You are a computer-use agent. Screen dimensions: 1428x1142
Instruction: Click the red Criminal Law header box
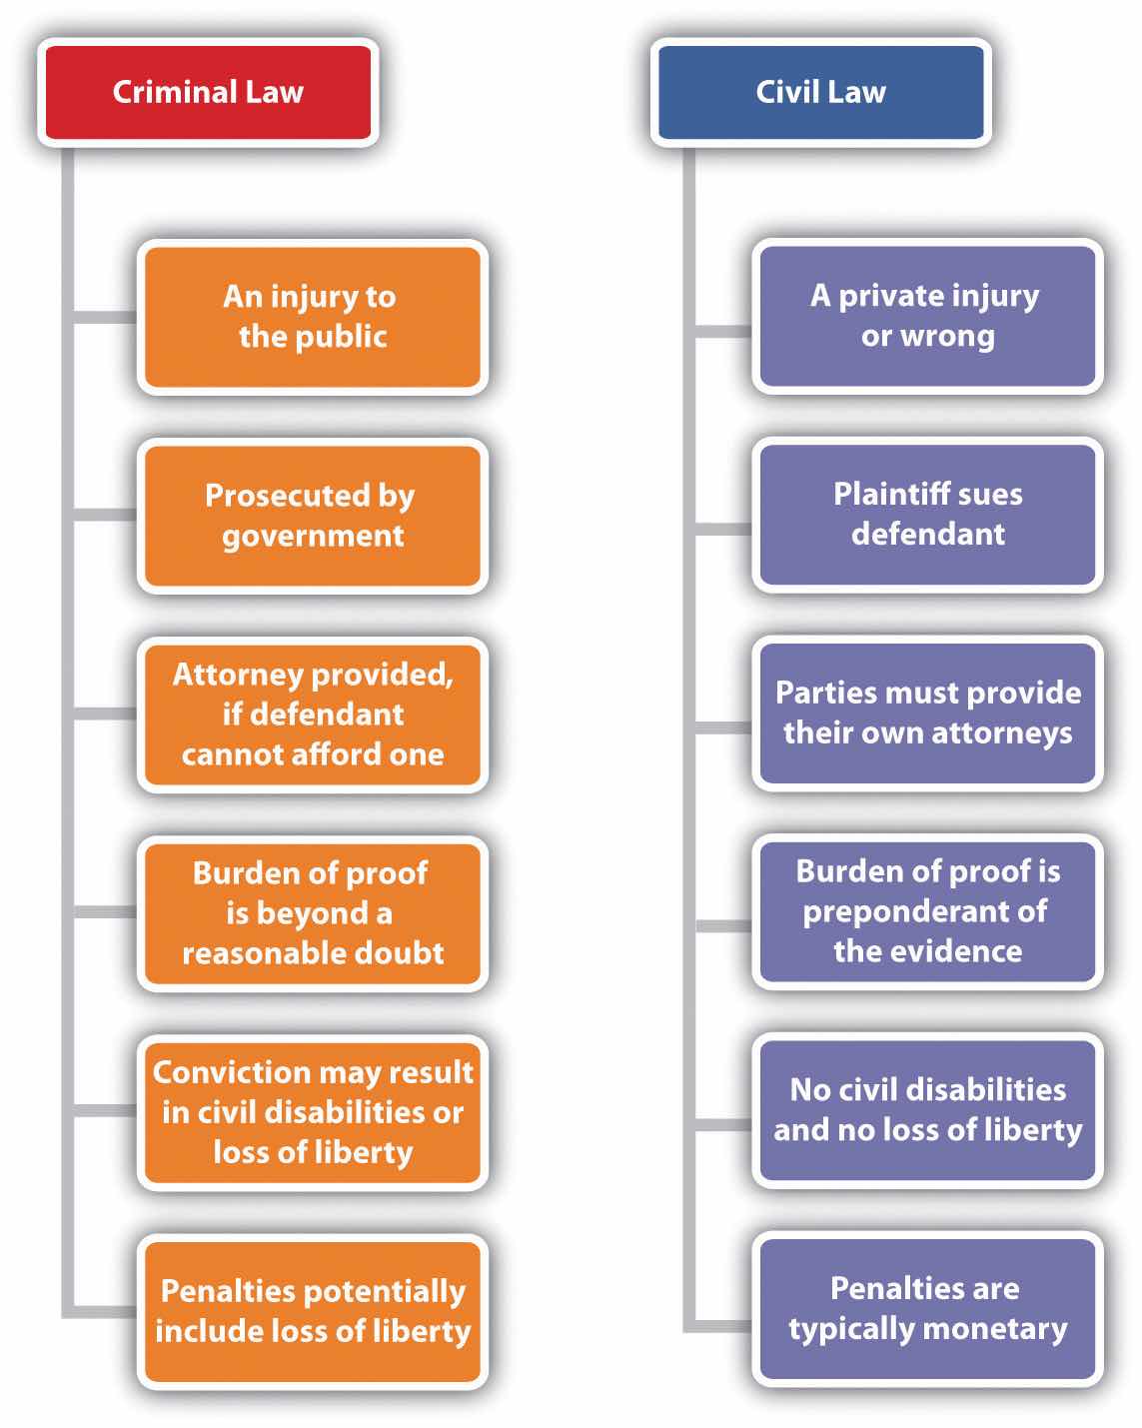pyautogui.click(x=208, y=92)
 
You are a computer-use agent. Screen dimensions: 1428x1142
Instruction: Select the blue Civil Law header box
pyautogui.click(x=820, y=92)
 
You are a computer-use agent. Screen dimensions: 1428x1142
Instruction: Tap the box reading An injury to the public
pyautogui.click(x=312, y=316)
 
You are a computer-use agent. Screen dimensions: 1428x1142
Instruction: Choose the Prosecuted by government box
pyautogui.click(x=312, y=515)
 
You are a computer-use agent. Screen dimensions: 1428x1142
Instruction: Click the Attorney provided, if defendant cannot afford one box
pyautogui.click(x=312, y=714)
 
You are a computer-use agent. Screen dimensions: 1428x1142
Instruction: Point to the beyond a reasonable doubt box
pyautogui.click(x=312, y=912)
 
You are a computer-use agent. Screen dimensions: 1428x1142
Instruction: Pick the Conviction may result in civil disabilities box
pyautogui.click(x=312, y=1111)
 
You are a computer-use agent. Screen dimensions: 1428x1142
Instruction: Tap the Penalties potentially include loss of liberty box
pyautogui.click(x=312, y=1310)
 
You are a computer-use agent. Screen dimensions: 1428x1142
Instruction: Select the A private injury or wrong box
pyautogui.click(x=927, y=315)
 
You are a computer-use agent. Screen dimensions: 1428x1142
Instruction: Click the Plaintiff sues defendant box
pyautogui.click(x=927, y=514)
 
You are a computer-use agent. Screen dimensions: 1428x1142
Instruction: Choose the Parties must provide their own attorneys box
pyautogui.click(x=927, y=713)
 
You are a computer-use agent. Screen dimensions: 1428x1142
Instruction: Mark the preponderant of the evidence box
pyautogui.click(x=927, y=910)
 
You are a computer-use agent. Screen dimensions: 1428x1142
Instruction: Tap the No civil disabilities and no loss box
pyautogui.click(x=927, y=1109)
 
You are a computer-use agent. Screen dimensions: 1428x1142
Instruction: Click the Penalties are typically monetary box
pyautogui.click(x=927, y=1308)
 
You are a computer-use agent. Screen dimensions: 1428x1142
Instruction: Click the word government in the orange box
pyautogui.click(x=313, y=536)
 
